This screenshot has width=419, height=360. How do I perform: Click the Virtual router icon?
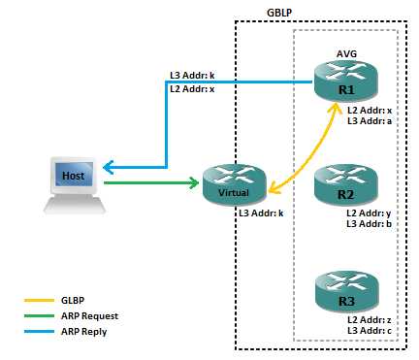tap(234, 183)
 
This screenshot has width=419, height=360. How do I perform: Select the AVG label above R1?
tap(346, 54)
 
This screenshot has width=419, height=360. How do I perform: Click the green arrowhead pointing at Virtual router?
tap(194, 181)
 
